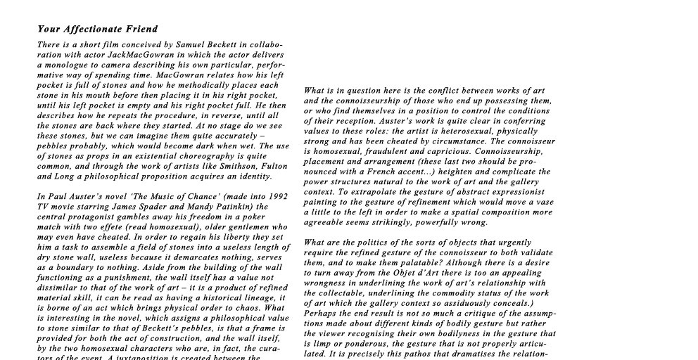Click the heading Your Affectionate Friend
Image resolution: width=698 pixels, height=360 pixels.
[97, 30]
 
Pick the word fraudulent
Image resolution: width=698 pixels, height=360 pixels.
[391, 151]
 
